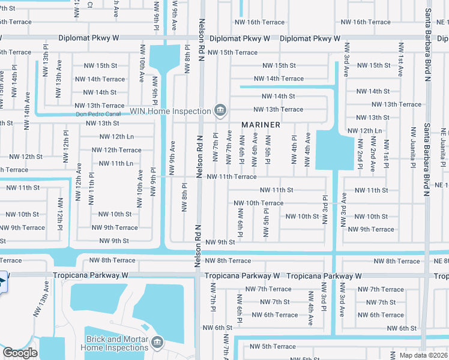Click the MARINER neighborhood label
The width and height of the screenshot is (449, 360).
tap(261, 125)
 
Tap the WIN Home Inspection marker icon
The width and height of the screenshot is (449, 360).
tap(220, 110)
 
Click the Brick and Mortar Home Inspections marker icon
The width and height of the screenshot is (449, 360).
tap(157, 343)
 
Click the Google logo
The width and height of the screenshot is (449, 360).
tap(20, 353)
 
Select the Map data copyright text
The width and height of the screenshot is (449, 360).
tap(423, 355)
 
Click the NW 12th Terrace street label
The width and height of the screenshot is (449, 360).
tap(116, 150)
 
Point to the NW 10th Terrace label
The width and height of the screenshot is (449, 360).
tap(258, 203)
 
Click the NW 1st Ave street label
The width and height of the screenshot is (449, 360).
tap(400, 61)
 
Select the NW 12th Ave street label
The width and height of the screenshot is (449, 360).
tap(78, 174)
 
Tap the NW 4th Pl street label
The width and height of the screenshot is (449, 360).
tap(294, 149)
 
